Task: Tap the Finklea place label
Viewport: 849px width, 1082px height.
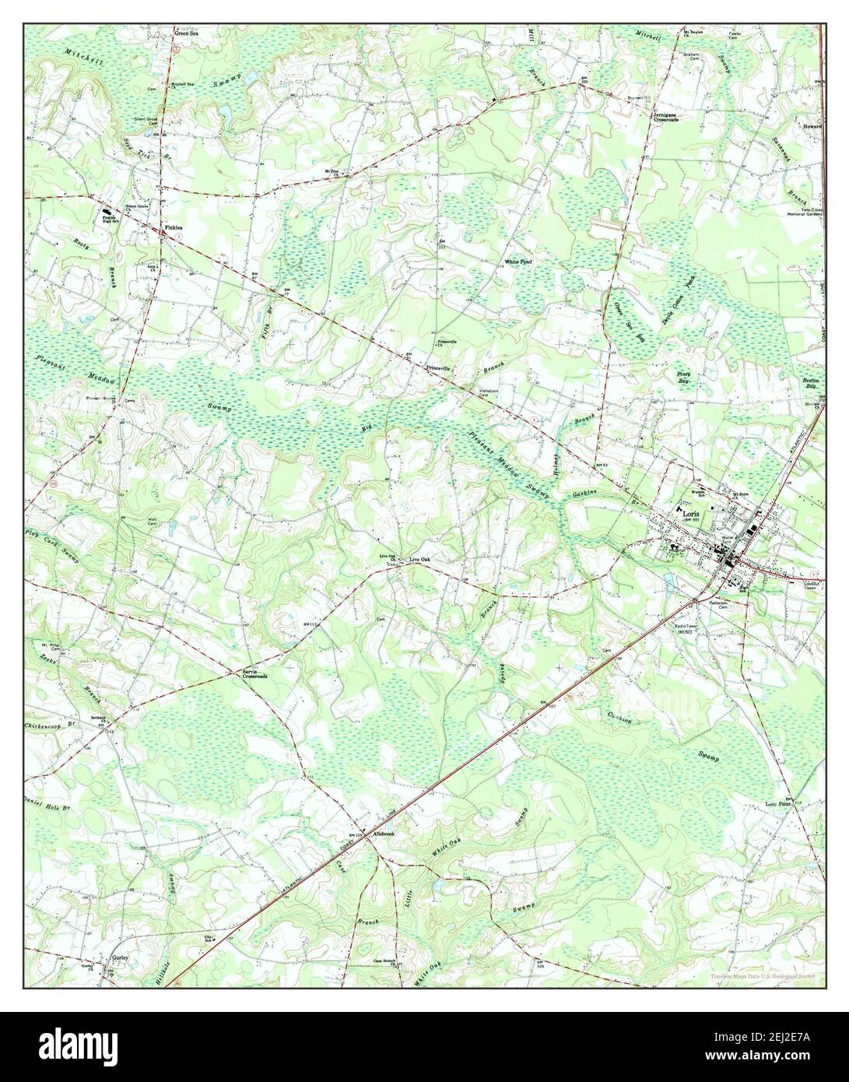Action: (x=172, y=228)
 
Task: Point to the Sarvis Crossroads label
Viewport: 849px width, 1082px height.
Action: (x=254, y=674)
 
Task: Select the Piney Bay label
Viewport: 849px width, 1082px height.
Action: (x=684, y=377)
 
